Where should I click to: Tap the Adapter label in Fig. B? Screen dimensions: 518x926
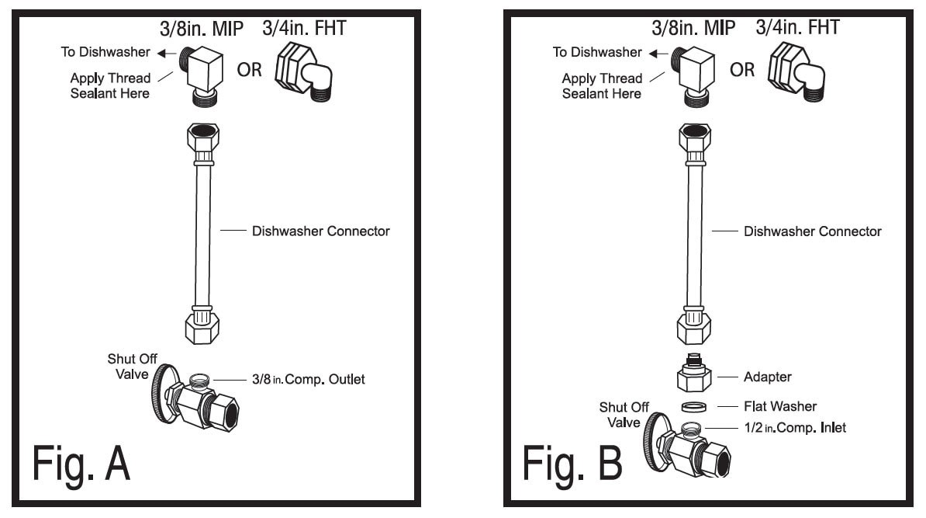click(x=768, y=377)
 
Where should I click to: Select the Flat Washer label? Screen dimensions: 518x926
click(x=780, y=406)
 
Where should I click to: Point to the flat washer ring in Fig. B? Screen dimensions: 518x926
click(x=693, y=406)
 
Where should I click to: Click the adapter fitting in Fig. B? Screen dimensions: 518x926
click(x=693, y=376)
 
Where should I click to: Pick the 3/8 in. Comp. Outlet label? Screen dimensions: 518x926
click(x=307, y=380)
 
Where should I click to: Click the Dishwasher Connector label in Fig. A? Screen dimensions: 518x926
click(x=320, y=231)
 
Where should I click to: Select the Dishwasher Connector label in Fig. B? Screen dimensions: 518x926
click(x=812, y=231)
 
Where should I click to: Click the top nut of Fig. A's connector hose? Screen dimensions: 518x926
click(x=202, y=140)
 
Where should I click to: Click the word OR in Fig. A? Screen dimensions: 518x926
click(x=249, y=69)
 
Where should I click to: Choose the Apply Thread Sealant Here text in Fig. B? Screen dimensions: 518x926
click(x=602, y=85)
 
